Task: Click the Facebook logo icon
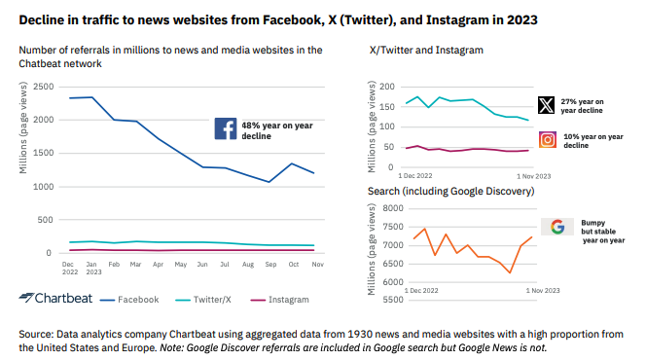click(x=226, y=128)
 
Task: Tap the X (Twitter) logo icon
click(x=547, y=105)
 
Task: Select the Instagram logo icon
click(x=548, y=140)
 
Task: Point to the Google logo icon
click(x=557, y=227)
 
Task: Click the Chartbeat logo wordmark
click(x=55, y=298)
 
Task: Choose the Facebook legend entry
click(x=129, y=300)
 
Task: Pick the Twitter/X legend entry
click(x=203, y=300)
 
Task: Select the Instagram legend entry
click(x=280, y=300)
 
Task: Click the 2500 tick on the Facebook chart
click(x=44, y=87)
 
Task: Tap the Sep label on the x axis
click(x=270, y=264)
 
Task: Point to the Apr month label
click(x=159, y=264)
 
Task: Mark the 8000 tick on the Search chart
click(x=393, y=208)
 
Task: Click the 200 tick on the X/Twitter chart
click(x=387, y=87)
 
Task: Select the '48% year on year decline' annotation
click(x=277, y=130)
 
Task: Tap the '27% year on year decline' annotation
click(x=582, y=106)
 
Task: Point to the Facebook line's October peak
click(x=292, y=163)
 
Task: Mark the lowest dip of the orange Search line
click(x=510, y=272)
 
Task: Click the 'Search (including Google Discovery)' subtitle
click(x=451, y=191)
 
